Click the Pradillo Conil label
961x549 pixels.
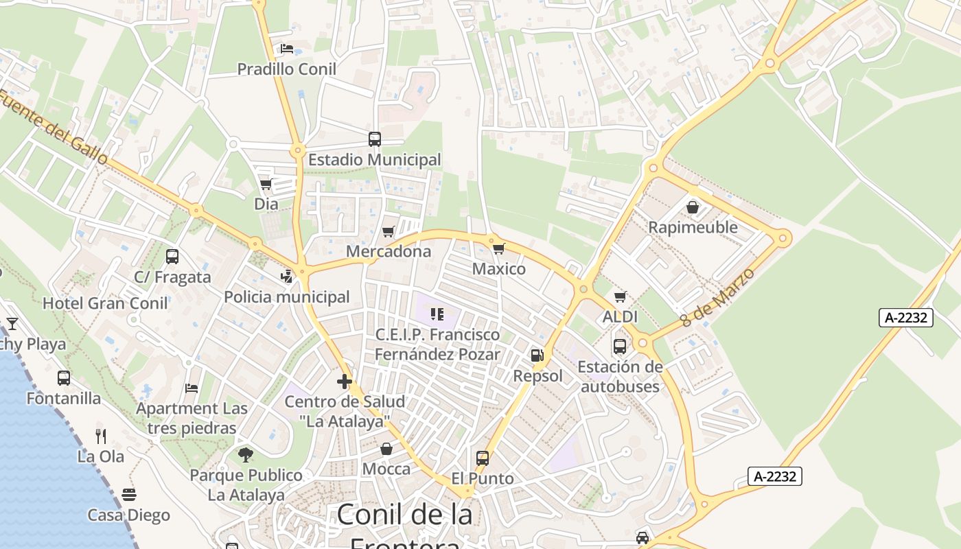[286, 69]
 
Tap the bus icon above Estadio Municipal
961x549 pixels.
[375, 139]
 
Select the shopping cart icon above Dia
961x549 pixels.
[266, 184]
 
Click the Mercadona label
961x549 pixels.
[389, 251]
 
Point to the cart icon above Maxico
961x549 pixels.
[498, 248]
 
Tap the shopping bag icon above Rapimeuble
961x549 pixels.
[693, 207]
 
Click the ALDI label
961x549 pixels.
[620, 317]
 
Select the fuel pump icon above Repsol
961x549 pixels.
[537, 355]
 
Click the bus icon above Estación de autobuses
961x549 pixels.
[620, 347]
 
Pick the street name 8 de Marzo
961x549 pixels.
[718, 297]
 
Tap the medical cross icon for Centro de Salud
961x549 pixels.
[345, 382]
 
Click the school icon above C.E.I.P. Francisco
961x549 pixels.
[437, 314]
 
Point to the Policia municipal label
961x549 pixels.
[287, 297]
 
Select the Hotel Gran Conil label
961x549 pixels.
[105, 303]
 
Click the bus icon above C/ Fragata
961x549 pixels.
[172, 257]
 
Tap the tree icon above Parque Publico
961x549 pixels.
[246, 454]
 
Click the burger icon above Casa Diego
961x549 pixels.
[128, 494]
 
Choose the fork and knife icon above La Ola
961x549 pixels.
[101, 436]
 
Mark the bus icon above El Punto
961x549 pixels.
[483, 458]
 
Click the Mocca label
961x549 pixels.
[386, 469]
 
